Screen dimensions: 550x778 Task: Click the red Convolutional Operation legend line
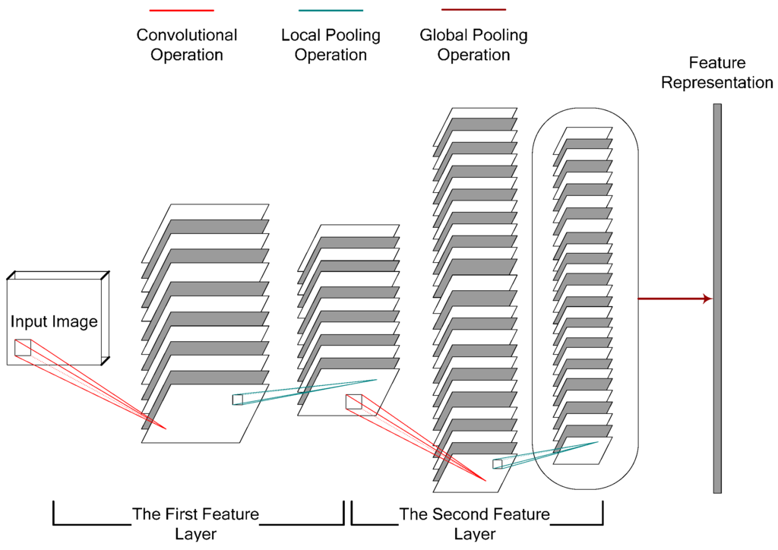182,11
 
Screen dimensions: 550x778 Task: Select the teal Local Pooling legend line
330,11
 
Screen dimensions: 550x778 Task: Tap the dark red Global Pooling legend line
473,10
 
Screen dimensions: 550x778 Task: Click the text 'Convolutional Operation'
186,45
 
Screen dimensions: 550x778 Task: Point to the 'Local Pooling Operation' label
330,45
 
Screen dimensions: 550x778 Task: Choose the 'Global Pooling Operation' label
473,45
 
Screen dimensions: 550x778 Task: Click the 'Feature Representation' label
716,73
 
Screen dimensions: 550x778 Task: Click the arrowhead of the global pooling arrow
708,299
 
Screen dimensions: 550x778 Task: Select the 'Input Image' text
54,321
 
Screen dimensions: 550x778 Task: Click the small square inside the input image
22,347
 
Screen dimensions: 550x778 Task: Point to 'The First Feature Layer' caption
196,523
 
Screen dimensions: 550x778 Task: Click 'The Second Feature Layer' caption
474,523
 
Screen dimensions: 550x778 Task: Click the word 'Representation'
716,83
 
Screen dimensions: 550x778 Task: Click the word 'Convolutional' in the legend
186,35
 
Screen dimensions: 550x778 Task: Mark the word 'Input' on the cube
27,321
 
